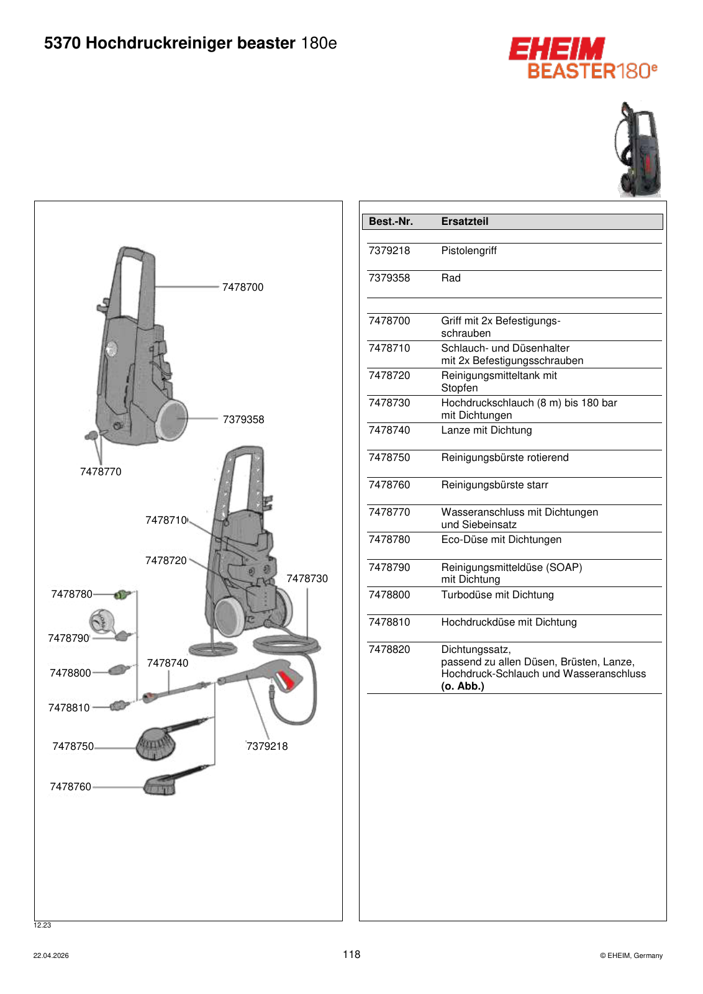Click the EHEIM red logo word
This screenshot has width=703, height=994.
coord(556,48)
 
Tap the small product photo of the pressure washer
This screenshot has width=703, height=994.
coord(639,149)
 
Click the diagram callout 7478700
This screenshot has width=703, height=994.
coord(243,287)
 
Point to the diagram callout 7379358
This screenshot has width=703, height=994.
coord(243,419)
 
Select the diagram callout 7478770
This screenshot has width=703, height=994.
coord(101,472)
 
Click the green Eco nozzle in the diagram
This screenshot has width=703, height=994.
coord(122,594)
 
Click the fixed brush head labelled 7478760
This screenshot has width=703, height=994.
coord(160,786)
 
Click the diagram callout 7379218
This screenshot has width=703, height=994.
coord(267,746)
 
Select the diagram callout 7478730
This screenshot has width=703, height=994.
coord(307,578)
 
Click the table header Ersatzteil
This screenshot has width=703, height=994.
coord(465,221)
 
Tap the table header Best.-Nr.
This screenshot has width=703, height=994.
coord(391,221)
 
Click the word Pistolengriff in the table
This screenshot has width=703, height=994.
coord(469,251)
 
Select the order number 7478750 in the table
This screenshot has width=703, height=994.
coord(389,457)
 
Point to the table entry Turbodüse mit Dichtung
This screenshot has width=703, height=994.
coord(497,595)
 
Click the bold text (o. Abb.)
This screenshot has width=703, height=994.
coord(463,686)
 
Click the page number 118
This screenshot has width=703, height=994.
coord(351,954)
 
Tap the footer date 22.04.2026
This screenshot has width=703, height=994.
coord(51,956)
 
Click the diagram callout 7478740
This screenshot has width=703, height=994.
coord(168,663)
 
